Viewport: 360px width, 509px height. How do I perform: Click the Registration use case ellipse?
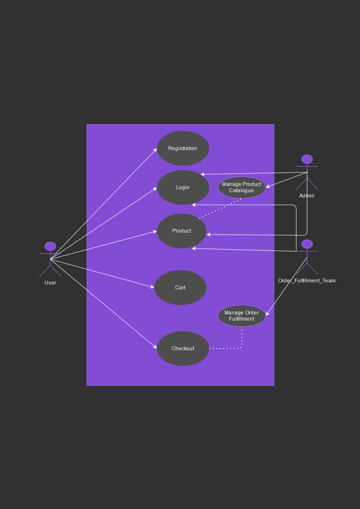pyautogui.click(x=183, y=148)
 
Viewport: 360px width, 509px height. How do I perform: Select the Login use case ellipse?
pyautogui.click(x=183, y=187)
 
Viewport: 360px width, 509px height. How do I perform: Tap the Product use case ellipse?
pyautogui.click(x=181, y=231)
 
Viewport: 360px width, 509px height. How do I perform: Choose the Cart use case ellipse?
pyautogui.click(x=180, y=288)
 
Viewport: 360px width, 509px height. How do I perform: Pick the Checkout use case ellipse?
pyautogui.click(x=183, y=349)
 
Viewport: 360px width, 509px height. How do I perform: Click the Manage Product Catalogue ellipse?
pyautogui.click(x=242, y=187)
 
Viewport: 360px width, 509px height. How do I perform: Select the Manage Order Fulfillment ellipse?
pyautogui.click(x=242, y=316)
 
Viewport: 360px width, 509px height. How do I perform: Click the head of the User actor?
pyautogui.click(x=50, y=246)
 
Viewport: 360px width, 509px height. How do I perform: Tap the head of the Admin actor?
pyautogui.click(x=307, y=159)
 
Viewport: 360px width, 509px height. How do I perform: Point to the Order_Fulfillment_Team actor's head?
pyautogui.click(x=307, y=244)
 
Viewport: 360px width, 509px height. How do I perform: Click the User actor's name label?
pyautogui.click(x=50, y=283)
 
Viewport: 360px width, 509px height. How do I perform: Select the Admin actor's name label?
pyautogui.click(x=307, y=196)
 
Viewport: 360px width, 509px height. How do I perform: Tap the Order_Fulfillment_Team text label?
pyautogui.click(x=307, y=281)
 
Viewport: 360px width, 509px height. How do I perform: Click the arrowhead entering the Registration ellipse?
pyautogui.click(x=155, y=150)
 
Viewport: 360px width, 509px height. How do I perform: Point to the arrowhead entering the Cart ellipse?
pyautogui.click(x=152, y=287)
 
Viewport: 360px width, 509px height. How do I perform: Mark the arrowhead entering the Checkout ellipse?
pyautogui.click(x=155, y=346)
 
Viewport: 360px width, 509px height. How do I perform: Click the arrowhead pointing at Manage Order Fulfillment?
pyautogui.click(x=267, y=314)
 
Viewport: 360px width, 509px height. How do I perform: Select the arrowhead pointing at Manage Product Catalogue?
pyautogui.click(x=268, y=187)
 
